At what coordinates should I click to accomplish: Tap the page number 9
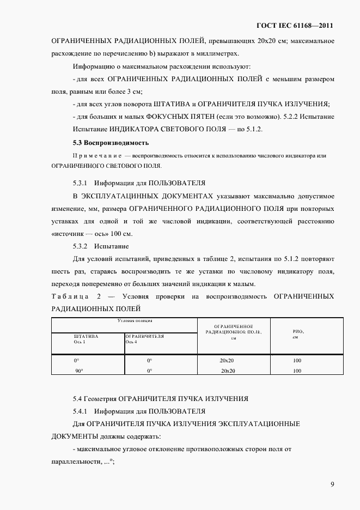(332, 484)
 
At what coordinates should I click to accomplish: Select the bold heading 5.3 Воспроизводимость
(111, 143)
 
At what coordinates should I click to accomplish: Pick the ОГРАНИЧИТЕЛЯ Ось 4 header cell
(145, 339)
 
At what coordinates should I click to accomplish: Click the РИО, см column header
(297, 334)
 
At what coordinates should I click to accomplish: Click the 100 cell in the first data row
(297, 361)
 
